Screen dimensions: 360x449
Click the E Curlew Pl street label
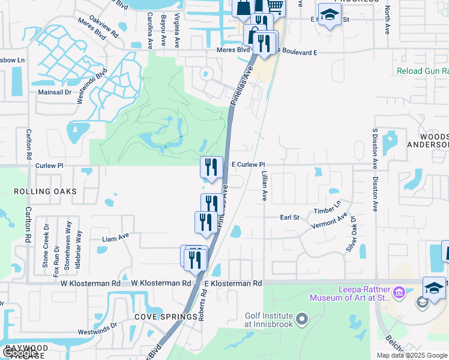tap(248, 164)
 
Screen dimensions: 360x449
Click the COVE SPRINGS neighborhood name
tap(166, 317)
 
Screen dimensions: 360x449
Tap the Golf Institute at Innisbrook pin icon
tap(301, 318)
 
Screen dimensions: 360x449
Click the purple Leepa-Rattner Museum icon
tap(401, 292)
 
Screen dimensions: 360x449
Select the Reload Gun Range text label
tap(423, 71)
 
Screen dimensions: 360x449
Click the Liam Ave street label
tap(116, 239)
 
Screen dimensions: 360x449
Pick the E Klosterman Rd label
tap(233, 283)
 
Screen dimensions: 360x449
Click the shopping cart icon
tap(275, 6)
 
